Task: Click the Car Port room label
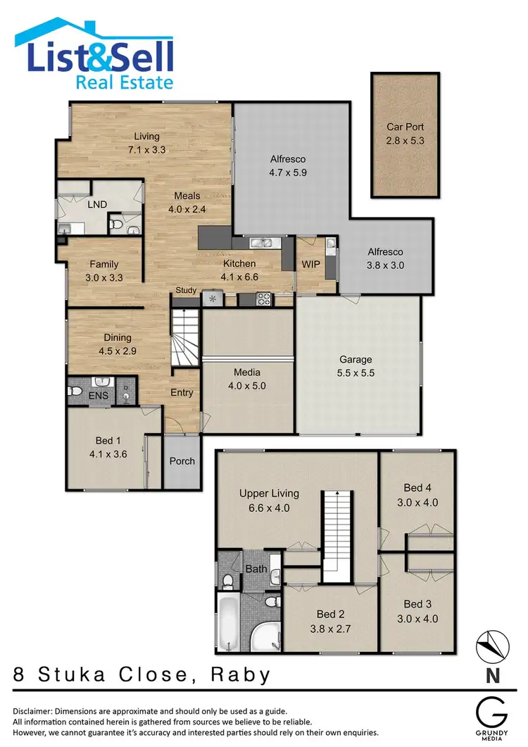(x=405, y=127)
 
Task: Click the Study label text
(x=186, y=290)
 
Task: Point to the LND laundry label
(x=97, y=204)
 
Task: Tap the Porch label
(x=182, y=461)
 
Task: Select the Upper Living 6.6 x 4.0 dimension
(x=269, y=507)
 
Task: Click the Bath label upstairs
(x=254, y=568)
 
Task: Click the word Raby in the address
(x=241, y=675)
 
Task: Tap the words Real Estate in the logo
(x=124, y=82)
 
